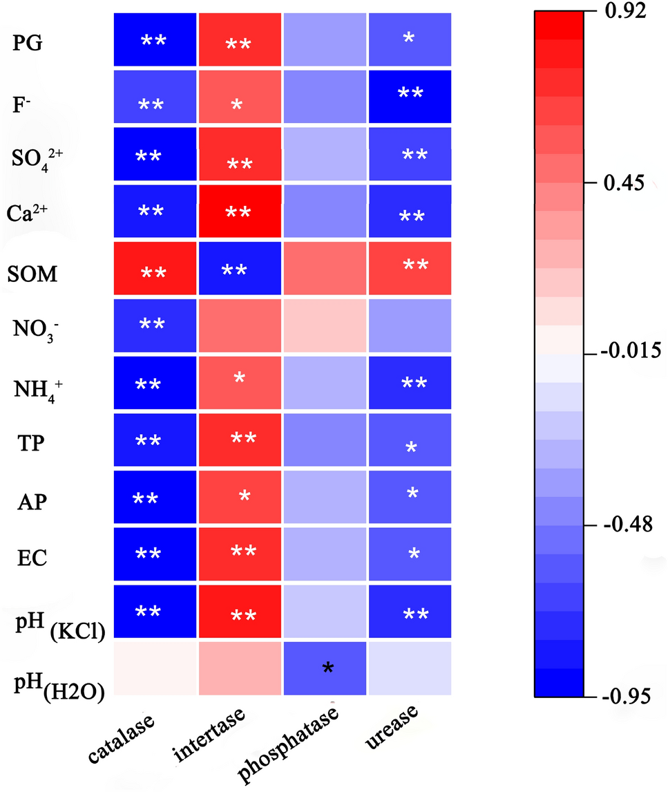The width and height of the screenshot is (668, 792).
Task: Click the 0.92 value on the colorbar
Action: click(625, 12)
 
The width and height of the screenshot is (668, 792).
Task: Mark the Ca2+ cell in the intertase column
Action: click(240, 209)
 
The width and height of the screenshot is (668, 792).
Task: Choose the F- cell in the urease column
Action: click(410, 97)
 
